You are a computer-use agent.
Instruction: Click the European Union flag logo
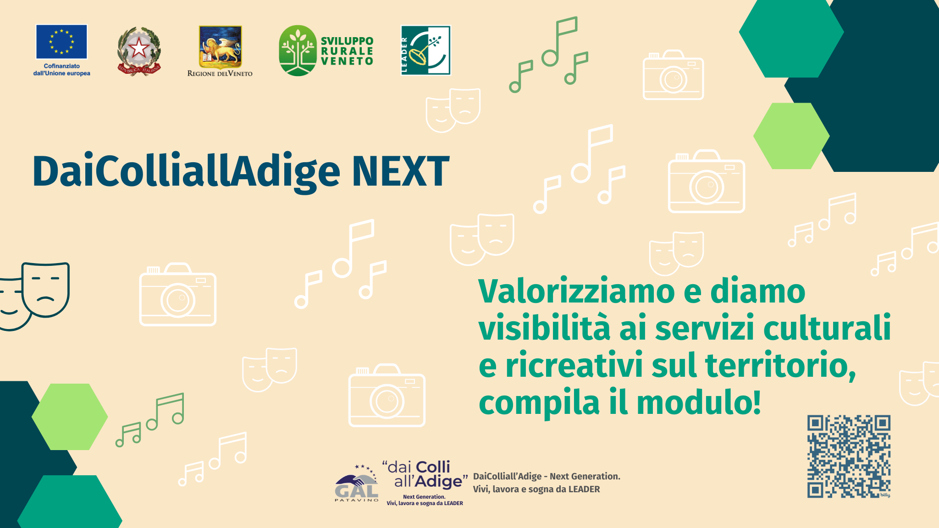click(61, 42)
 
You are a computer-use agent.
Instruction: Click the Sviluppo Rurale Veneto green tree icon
click(298, 50)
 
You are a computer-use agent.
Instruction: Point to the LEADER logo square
click(425, 50)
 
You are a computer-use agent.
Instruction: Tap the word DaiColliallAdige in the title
click(186, 173)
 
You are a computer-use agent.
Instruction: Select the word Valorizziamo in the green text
click(576, 291)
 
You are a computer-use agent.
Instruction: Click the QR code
click(849, 456)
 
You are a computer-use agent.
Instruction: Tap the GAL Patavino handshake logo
click(357, 483)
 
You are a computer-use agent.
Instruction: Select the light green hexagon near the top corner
click(791, 136)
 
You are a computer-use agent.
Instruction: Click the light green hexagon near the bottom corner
click(70, 417)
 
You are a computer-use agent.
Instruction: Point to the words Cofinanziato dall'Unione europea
click(62, 70)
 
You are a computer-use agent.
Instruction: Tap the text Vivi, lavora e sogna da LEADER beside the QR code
click(536, 489)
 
